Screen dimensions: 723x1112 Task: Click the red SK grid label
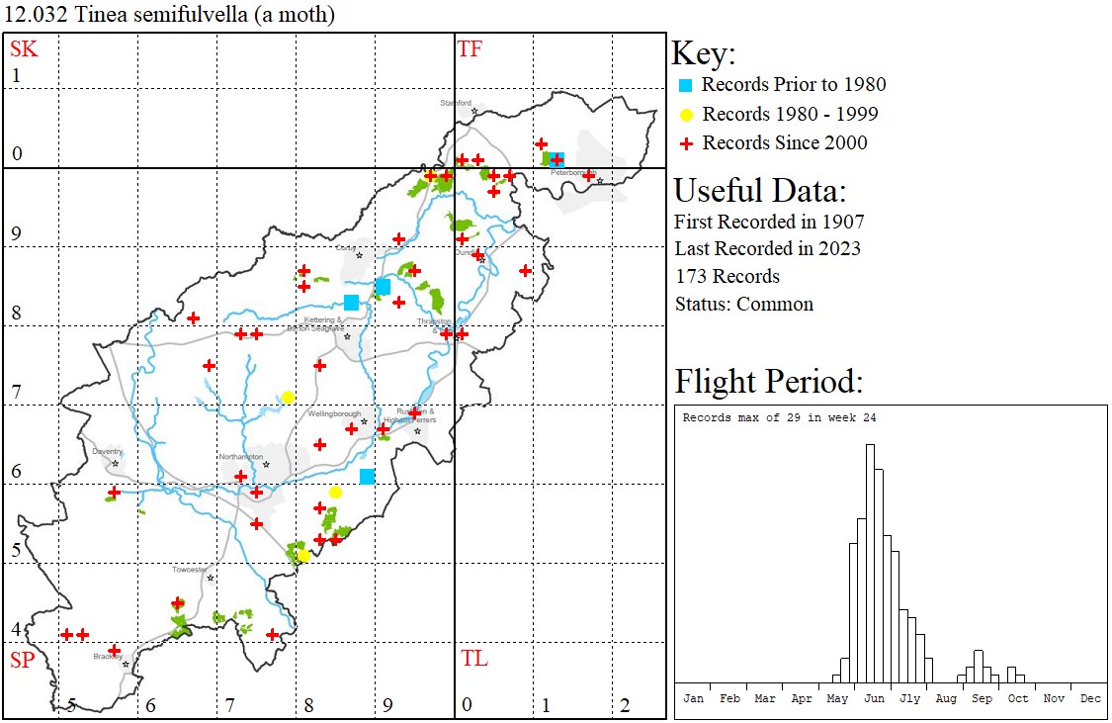[24, 49]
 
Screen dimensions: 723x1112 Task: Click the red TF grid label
[470, 49]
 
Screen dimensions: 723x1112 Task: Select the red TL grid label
[473, 659]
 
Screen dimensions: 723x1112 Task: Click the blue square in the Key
[684, 85]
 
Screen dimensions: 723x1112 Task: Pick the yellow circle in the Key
[684, 115]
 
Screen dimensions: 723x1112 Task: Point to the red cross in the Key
[684, 143]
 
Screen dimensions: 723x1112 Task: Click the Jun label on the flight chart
[874, 698]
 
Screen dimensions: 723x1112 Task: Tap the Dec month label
[1090, 698]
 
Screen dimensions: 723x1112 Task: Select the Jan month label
[693, 698]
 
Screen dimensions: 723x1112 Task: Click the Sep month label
[982, 698]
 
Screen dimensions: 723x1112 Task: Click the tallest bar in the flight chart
[870, 563]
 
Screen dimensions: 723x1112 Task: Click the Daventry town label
[107, 451]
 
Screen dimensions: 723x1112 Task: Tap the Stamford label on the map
[457, 102]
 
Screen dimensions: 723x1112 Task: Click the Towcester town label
[190, 570]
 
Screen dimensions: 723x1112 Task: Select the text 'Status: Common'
[743, 304]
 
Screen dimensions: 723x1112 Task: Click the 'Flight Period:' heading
[768, 381]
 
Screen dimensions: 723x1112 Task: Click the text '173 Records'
[727, 276]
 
